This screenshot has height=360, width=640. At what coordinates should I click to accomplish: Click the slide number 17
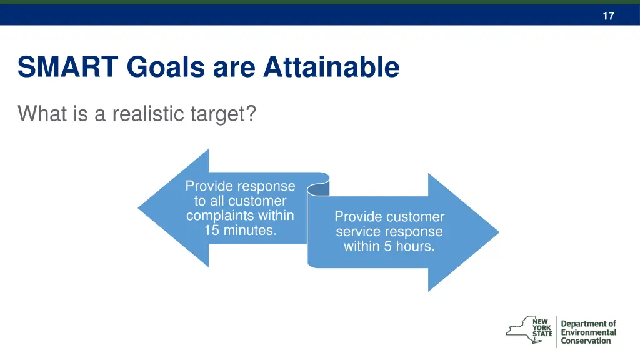(608, 16)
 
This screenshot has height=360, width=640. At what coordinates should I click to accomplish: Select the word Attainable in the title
(331, 67)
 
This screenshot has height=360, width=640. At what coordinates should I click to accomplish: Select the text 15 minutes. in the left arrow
(240, 231)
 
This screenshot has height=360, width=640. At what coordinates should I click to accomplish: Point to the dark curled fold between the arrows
(319, 187)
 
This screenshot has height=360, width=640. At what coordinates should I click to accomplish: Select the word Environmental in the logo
(588, 332)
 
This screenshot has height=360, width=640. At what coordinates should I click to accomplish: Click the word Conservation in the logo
(586, 341)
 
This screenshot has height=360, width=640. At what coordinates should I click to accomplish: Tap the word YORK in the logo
(542, 327)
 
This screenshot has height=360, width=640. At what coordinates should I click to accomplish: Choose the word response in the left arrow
(266, 186)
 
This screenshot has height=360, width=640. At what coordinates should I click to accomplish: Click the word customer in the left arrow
(257, 201)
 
